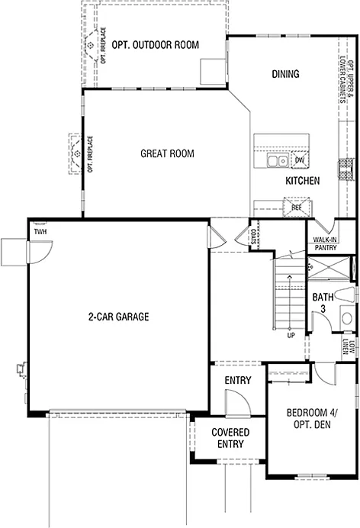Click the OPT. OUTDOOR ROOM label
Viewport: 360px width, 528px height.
(156, 45)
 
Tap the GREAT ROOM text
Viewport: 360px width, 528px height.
(167, 153)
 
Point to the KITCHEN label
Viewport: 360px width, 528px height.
(302, 181)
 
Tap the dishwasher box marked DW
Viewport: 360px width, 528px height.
(300, 159)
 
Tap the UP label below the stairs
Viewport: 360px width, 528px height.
(290, 334)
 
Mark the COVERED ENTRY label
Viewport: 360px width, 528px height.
(227, 437)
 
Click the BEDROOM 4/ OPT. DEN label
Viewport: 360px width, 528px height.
(308, 419)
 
